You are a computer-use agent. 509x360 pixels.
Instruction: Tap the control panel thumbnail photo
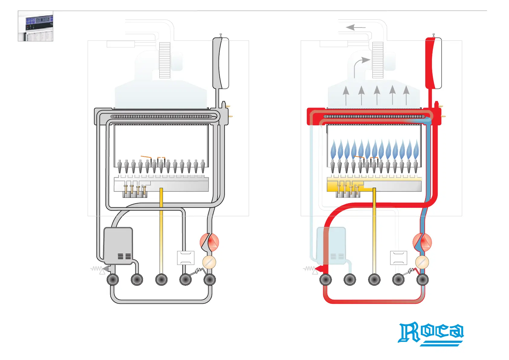click(36, 26)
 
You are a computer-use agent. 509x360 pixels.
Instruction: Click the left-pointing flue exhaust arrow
click(355, 27)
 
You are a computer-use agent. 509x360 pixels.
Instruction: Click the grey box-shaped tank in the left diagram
click(118, 246)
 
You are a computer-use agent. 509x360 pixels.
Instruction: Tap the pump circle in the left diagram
click(209, 242)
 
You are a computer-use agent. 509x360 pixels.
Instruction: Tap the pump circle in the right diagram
click(422, 242)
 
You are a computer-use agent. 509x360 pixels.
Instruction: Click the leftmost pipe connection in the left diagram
click(113, 280)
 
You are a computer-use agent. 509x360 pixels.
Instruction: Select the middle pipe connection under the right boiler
click(374, 280)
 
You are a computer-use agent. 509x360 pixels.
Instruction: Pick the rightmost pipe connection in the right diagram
click(423, 280)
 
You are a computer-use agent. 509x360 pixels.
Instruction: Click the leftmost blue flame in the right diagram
click(333, 149)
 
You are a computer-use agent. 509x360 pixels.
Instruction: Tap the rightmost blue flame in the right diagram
click(416, 149)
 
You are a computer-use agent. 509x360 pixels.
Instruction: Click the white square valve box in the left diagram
click(186, 258)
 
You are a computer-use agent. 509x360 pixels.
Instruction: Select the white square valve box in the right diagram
click(399, 258)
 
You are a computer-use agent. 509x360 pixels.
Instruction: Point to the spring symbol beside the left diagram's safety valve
click(96, 268)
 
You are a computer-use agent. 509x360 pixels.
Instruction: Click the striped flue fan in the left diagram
click(165, 60)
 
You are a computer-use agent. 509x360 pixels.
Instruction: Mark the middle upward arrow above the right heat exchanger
click(377, 95)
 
